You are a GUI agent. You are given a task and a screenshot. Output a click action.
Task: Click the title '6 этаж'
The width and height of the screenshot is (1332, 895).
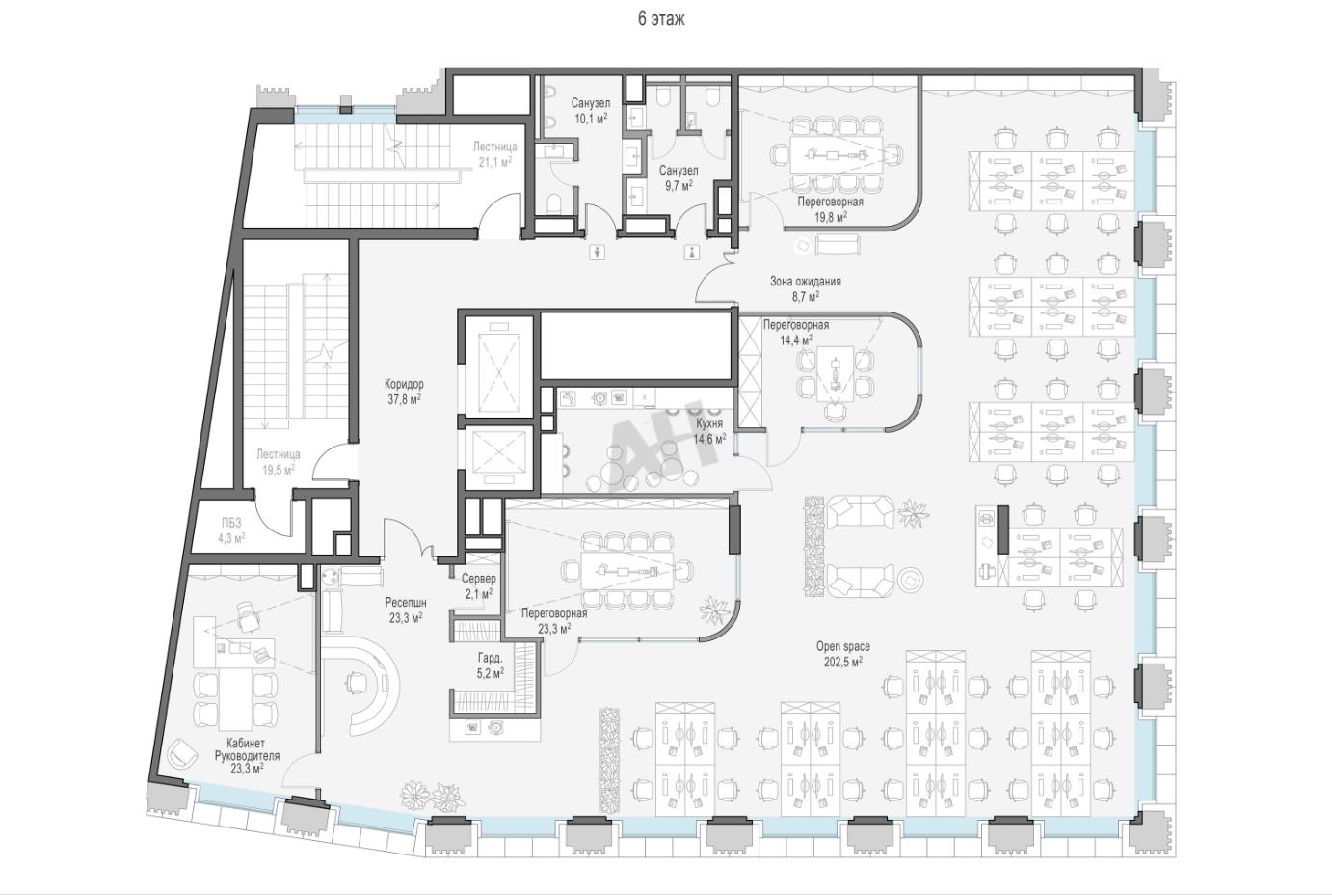pyautogui.click(x=661, y=19)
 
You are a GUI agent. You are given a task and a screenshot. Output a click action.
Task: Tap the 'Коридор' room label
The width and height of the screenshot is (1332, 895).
pyautogui.click(x=404, y=384)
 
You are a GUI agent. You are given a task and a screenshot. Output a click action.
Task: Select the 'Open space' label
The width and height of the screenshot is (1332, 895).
pyautogui.click(x=842, y=646)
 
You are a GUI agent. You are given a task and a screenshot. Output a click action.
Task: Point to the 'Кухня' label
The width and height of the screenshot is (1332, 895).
pyautogui.click(x=708, y=423)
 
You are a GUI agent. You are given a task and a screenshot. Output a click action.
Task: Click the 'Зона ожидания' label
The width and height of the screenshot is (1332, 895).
pyautogui.click(x=806, y=282)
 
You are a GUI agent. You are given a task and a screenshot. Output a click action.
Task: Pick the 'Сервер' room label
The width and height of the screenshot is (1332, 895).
pyautogui.click(x=479, y=579)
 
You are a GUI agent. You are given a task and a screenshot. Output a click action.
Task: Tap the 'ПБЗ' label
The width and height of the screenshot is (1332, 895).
pyautogui.click(x=231, y=523)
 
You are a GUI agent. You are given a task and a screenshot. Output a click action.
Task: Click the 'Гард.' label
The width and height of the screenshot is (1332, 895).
pyautogui.click(x=490, y=658)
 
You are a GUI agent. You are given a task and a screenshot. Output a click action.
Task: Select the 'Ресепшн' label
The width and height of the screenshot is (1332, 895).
pyautogui.click(x=406, y=603)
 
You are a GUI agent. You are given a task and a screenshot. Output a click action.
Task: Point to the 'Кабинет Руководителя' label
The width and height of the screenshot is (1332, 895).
pyautogui.click(x=246, y=749)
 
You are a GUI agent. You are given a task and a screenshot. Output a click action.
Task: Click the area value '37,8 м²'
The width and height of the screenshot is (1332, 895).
pyautogui.click(x=405, y=399)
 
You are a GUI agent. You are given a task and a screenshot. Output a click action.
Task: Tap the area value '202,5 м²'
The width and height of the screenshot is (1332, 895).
pyautogui.click(x=842, y=662)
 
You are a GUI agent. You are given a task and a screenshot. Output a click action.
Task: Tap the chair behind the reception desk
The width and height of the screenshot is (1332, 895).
pyautogui.click(x=357, y=682)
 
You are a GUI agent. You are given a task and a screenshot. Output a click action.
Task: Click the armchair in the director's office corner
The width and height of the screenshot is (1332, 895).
pyautogui.click(x=182, y=754)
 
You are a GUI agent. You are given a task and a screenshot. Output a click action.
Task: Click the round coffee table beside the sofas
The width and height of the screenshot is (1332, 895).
pyautogui.click(x=910, y=579)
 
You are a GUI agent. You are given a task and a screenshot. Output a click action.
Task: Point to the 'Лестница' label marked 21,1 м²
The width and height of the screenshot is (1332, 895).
pyautogui.click(x=494, y=147)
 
